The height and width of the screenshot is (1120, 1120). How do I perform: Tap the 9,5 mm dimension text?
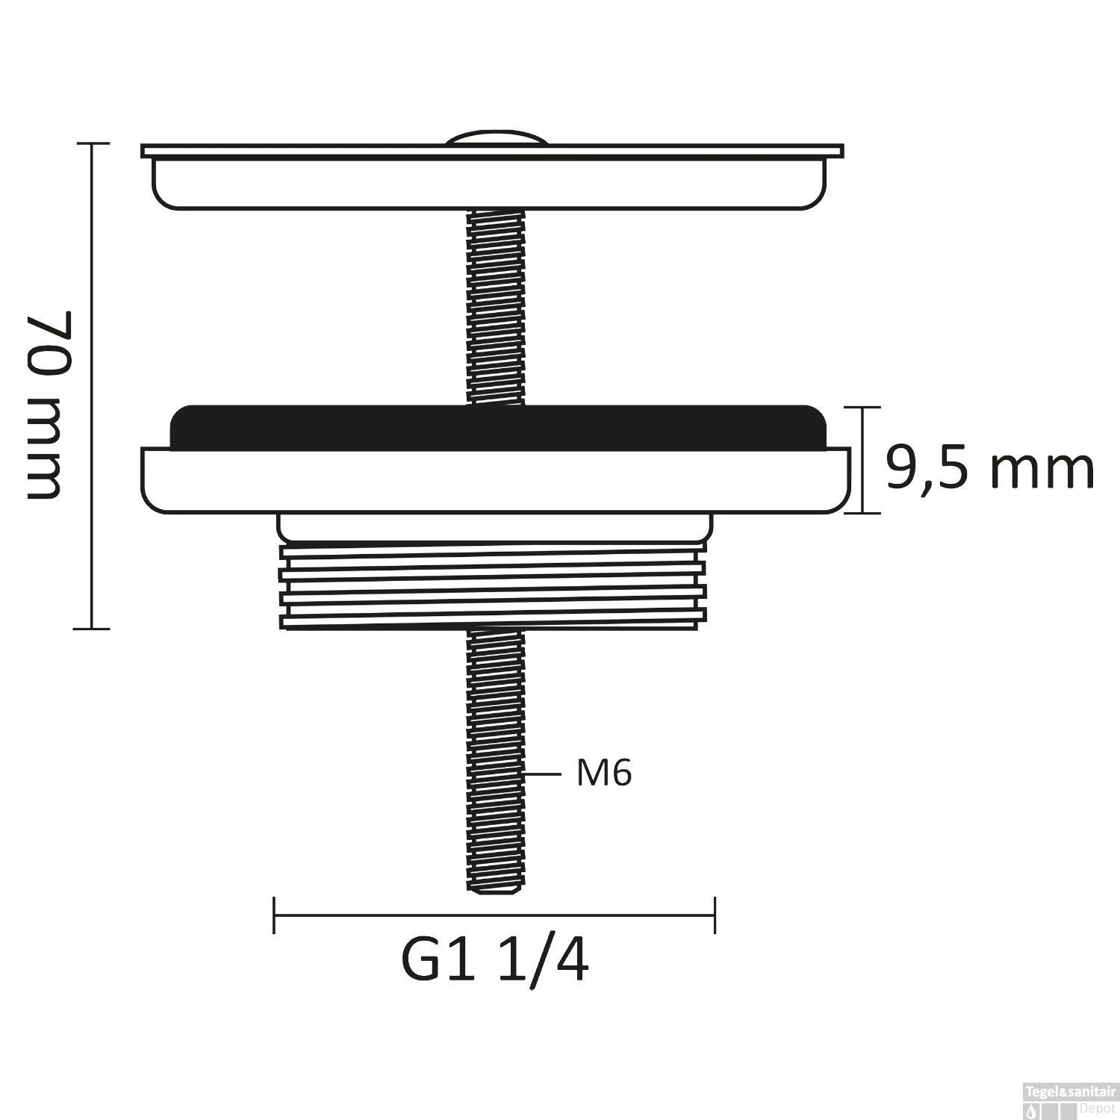pyautogui.click(x=990, y=468)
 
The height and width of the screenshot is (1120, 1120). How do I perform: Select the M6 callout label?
pyautogui.click(x=604, y=774)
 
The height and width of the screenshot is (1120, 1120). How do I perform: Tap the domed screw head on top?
pyautogui.click(x=496, y=139)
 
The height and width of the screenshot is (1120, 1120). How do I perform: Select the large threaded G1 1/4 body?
pyautogui.click(x=493, y=587)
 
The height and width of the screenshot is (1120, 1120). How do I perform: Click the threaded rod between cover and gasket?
pyautogui.click(x=496, y=306)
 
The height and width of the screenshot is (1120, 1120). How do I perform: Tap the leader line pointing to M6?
pyautogui.click(x=543, y=774)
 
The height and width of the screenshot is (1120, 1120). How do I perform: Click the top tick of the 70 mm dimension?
pyautogui.click(x=91, y=143)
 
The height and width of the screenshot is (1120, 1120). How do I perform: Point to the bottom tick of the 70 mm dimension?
pyautogui.click(x=91, y=629)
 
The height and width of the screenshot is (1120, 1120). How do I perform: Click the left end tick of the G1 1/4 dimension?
pyautogui.click(x=274, y=915)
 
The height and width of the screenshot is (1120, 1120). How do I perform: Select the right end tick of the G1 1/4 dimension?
pyautogui.click(x=715, y=915)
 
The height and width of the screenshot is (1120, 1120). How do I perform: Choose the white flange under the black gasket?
pyautogui.click(x=494, y=481)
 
